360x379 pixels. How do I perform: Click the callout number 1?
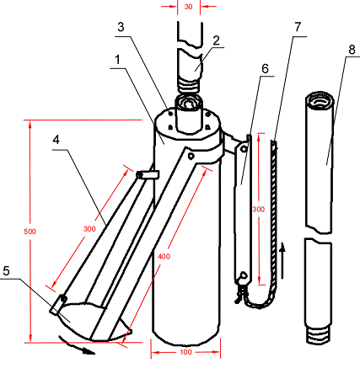117,60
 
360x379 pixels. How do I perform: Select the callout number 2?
216,40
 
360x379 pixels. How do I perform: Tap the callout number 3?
121,27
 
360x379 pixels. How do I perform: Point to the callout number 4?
56,140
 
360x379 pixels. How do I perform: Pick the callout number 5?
7,271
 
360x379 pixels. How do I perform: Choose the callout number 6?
265,69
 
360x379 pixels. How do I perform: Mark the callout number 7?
298,27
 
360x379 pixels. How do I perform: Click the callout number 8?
352,50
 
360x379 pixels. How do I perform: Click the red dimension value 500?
30,232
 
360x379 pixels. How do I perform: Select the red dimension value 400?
164,256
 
